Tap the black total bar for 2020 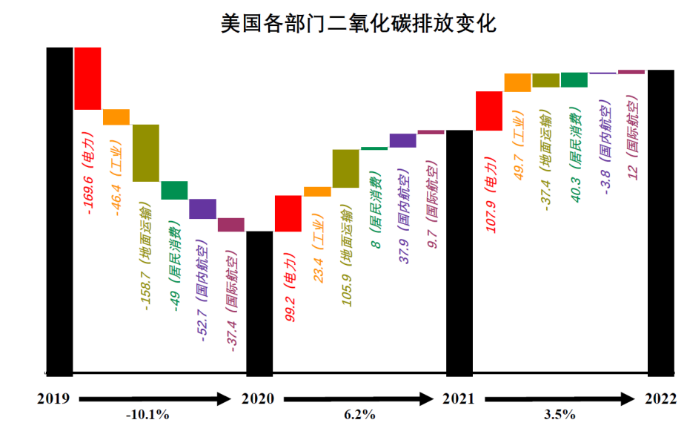tap(259, 302)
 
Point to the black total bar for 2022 tap(661, 221)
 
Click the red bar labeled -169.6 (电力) tap(87, 79)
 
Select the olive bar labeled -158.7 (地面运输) tap(146, 153)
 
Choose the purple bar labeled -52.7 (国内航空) tap(202, 208)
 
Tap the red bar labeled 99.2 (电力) tap(288, 213)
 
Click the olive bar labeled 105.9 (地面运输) tap(345, 168)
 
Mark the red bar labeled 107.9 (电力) tap(490, 111)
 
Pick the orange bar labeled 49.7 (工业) tap(518, 82)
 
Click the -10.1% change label tap(147, 415)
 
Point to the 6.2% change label tap(359, 415)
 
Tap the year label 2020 tap(258, 399)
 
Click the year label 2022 tap(660, 399)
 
